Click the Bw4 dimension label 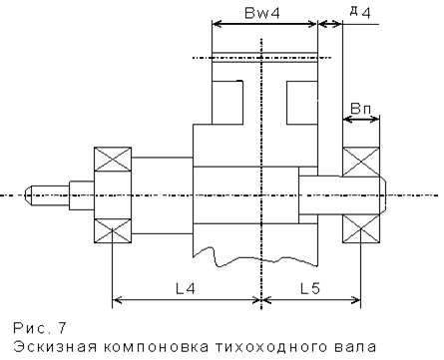click(x=262, y=13)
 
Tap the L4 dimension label click(x=186, y=288)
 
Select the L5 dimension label click(x=310, y=288)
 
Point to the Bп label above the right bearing click(x=361, y=109)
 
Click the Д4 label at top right click(x=360, y=12)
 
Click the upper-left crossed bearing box click(x=113, y=159)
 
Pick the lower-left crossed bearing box click(x=113, y=231)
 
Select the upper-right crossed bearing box click(x=361, y=162)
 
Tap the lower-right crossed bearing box click(x=361, y=228)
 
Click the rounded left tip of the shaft click(x=28, y=195)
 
